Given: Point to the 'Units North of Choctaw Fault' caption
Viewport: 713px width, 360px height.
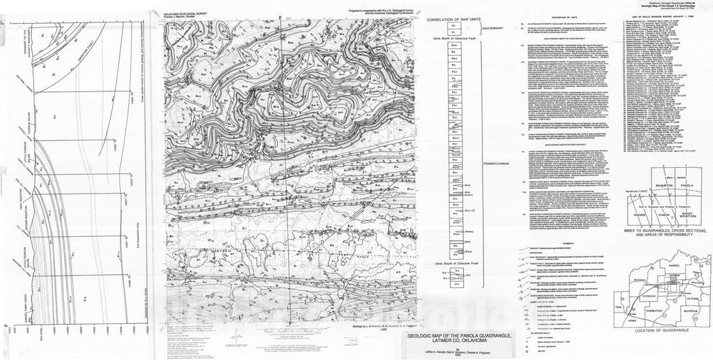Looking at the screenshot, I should (454, 38).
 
